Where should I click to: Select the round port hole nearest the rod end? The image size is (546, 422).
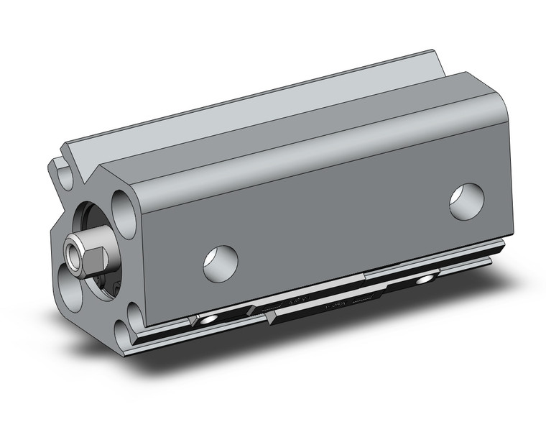pyautogui.click(x=220, y=262)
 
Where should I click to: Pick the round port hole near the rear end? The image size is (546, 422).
pyautogui.click(x=466, y=201)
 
